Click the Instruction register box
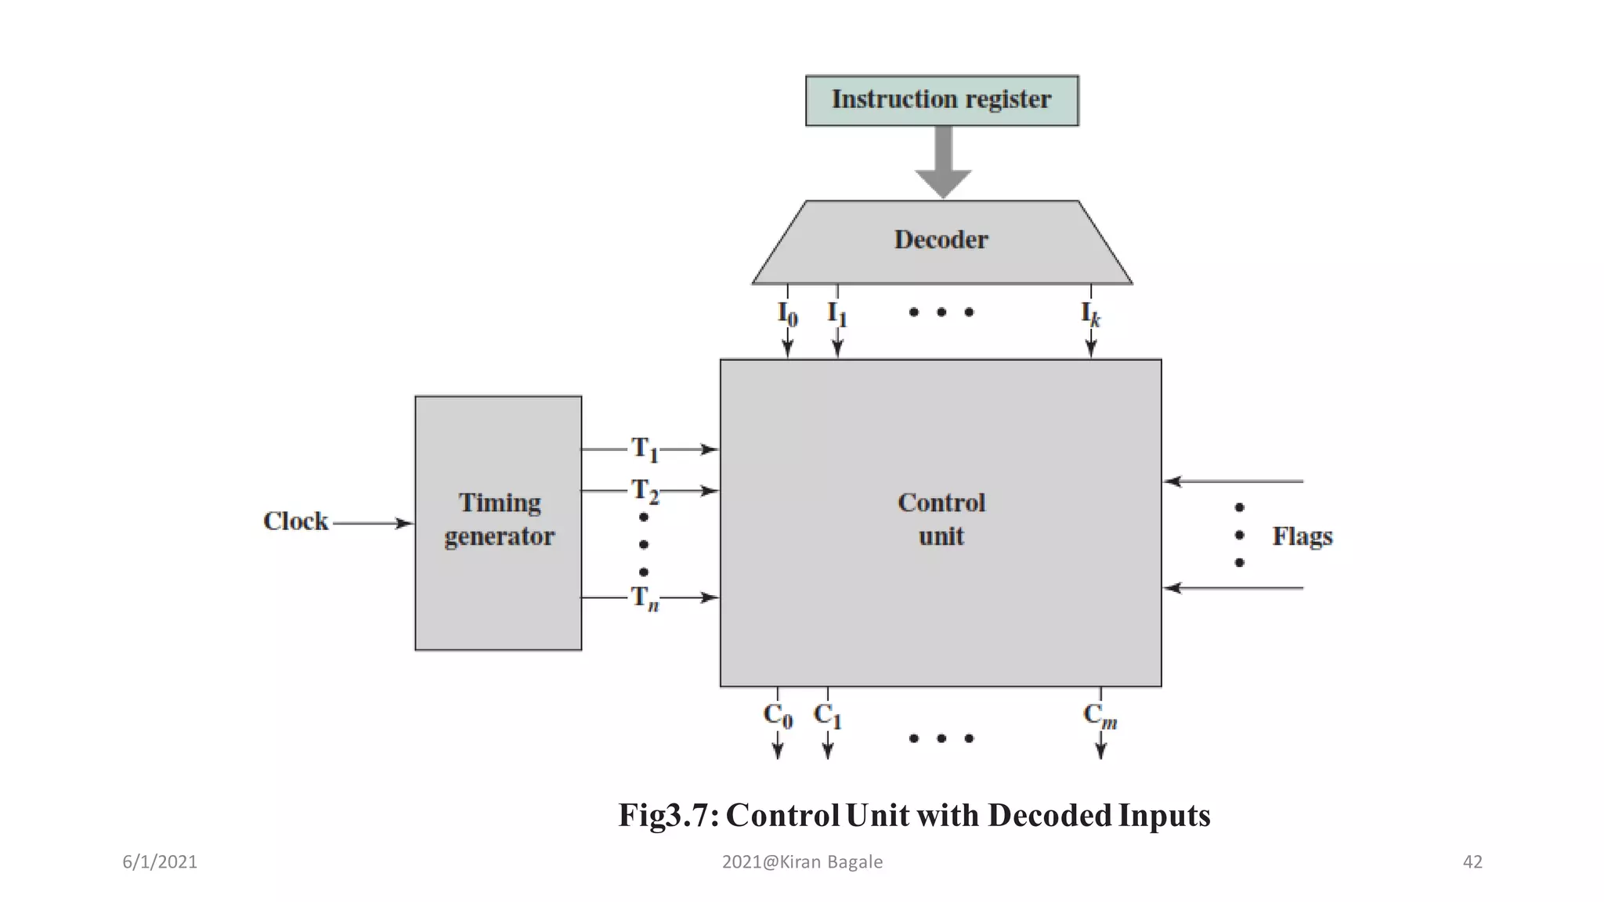click(941, 100)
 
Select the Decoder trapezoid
click(941, 240)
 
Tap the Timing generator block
click(498, 522)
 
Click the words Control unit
click(941, 519)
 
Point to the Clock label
click(295, 521)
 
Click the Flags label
click(1302, 536)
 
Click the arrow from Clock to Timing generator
click(373, 523)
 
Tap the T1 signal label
click(645, 449)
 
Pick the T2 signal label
click(645, 491)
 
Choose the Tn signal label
click(645, 598)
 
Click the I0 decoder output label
click(787, 314)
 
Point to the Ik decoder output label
click(1090, 314)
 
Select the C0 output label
click(778, 716)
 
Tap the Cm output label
click(1100, 716)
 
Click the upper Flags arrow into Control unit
click(1234, 481)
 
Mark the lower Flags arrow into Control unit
click(1234, 587)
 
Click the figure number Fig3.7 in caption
click(668, 816)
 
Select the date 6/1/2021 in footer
click(160, 862)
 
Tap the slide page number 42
click(1472, 862)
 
